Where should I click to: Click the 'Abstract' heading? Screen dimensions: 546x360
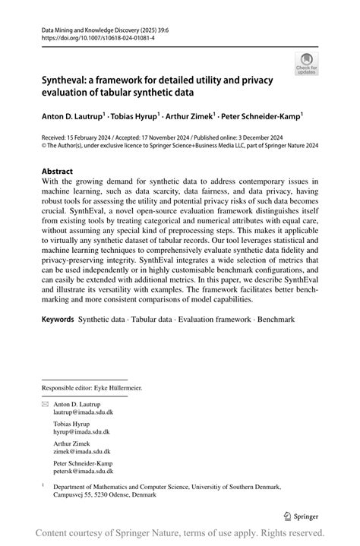tap(58, 172)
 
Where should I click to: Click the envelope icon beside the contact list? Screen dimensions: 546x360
tap(45, 404)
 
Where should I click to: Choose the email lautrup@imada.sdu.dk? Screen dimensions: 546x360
tap(83, 412)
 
